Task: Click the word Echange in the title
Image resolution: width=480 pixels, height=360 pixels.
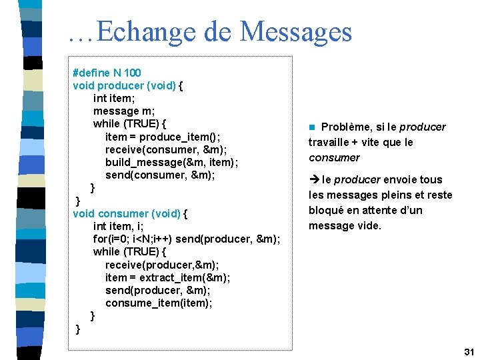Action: click(140, 31)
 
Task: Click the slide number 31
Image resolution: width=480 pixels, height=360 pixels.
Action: click(468, 351)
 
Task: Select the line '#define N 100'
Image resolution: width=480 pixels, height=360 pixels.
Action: click(107, 72)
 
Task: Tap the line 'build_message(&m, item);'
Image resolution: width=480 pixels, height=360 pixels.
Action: click(171, 162)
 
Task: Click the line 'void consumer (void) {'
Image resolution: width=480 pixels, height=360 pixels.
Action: click(130, 213)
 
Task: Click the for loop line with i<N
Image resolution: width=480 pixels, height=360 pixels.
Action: click(186, 239)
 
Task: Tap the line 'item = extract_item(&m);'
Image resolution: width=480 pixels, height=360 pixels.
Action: click(167, 277)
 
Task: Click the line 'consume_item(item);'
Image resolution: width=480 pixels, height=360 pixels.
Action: click(159, 303)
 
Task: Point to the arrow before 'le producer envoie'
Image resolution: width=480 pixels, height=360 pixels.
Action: click(313, 179)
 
